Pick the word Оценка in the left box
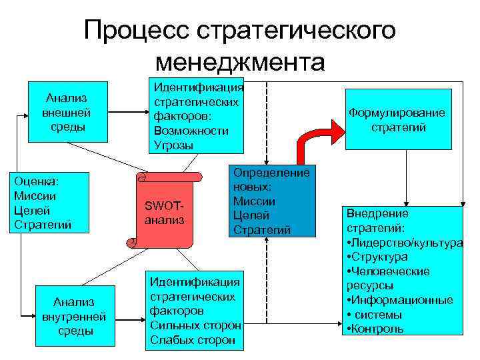(x=36, y=181)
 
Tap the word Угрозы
(x=173, y=145)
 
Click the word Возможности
(x=191, y=131)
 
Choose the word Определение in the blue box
(x=271, y=173)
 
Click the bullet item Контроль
(x=377, y=329)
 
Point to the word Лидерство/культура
(x=407, y=243)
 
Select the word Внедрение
(x=377, y=214)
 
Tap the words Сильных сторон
(x=195, y=325)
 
